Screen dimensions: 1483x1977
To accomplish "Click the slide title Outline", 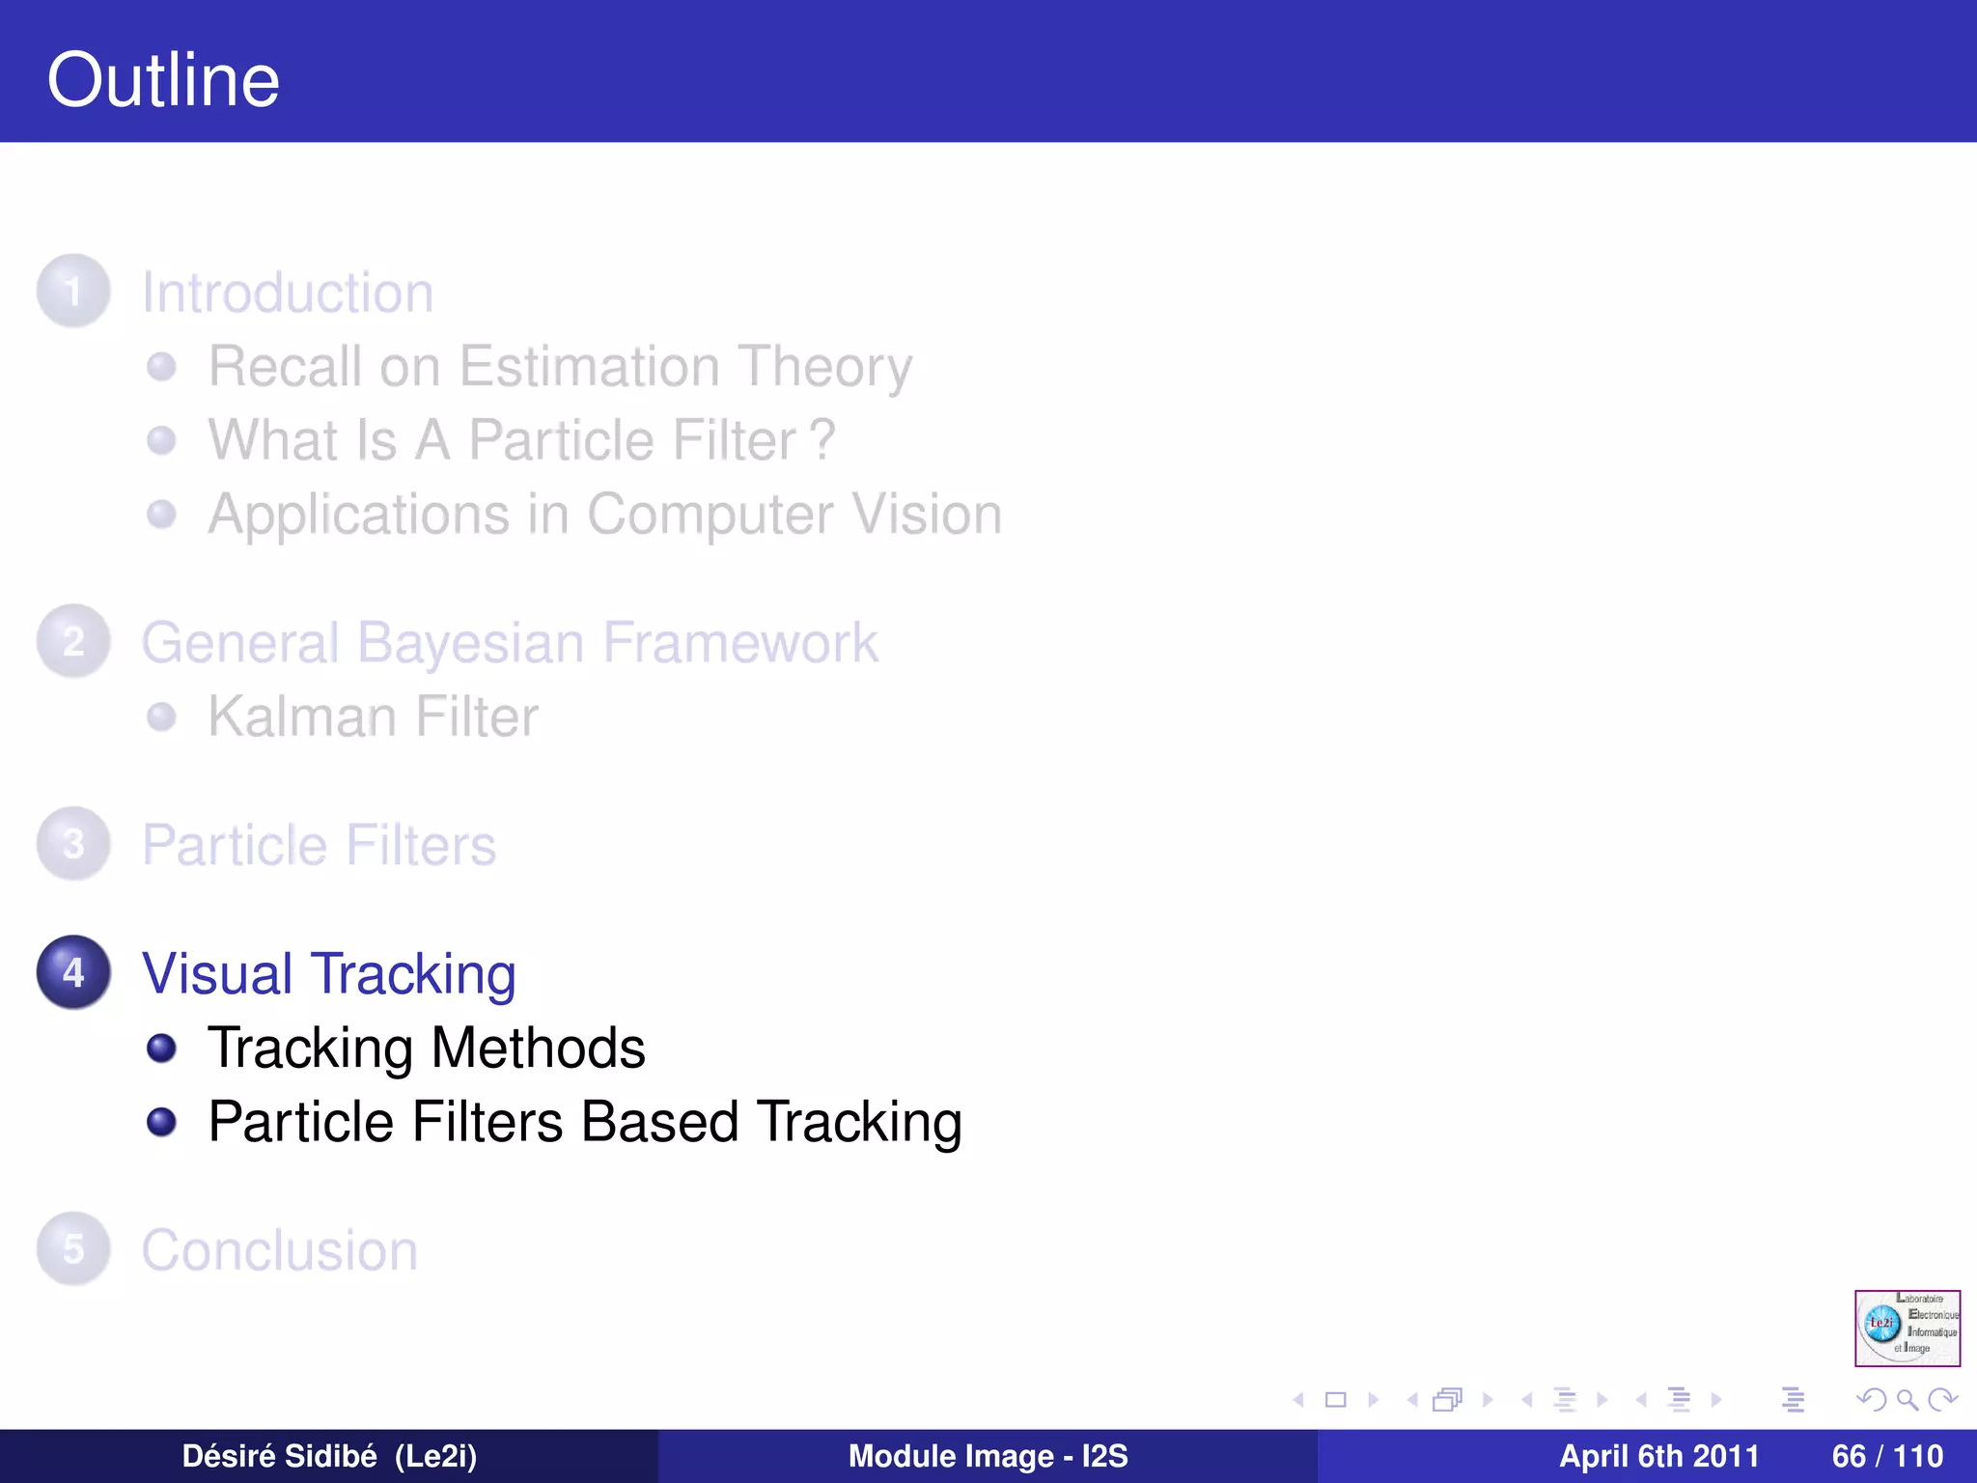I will click(x=163, y=80).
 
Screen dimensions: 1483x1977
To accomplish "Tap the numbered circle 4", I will click(x=73, y=972).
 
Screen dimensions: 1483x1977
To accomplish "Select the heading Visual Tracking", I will click(x=328, y=973).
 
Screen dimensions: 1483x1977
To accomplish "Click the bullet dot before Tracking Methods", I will click(x=161, y=1049).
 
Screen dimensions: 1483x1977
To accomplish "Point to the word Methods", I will click(x=538, y=1049).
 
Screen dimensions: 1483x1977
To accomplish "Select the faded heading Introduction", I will click(x=288, y=293).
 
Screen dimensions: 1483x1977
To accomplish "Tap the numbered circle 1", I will click(x=73, y=291).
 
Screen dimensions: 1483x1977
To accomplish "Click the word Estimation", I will click(x=589, y=367).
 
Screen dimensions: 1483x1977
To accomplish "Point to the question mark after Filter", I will click(x=821, y=440).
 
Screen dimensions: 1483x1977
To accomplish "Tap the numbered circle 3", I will click(x=73, y=844).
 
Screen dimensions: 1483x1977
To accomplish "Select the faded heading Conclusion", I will click(x=280, y=1250).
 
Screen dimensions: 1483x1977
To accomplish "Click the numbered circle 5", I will click(x=73, y=1249).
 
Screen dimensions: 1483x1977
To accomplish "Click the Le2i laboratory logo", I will click(x=1907, y=1328).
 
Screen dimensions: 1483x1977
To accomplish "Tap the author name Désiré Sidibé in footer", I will click(x=280, y=1456).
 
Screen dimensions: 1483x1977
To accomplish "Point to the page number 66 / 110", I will click(x=1887, y=1456).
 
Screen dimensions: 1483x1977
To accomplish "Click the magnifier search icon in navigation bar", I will click(x=1907, y=1399).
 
